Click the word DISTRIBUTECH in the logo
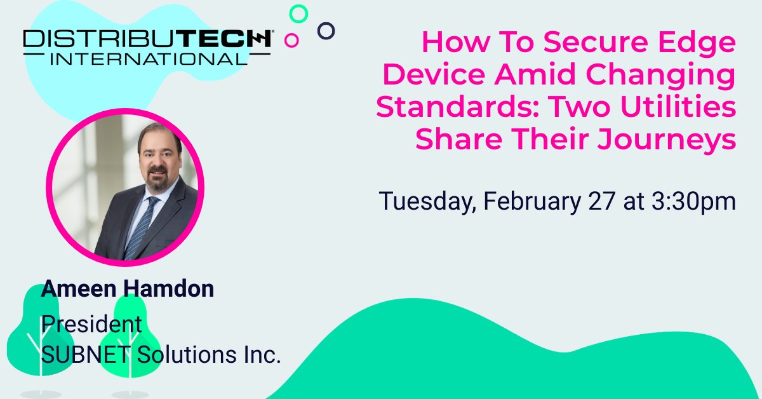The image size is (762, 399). click(147, 39)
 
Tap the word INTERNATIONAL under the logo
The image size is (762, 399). click(147, 58)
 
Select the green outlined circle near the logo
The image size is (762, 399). click(298, 14)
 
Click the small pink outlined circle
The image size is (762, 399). click(292, 41)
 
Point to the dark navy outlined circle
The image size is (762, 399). click(326, 30)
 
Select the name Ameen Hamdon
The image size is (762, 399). click(128, 289)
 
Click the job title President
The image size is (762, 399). click(91, 323)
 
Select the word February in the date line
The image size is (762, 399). click(530, 201)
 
